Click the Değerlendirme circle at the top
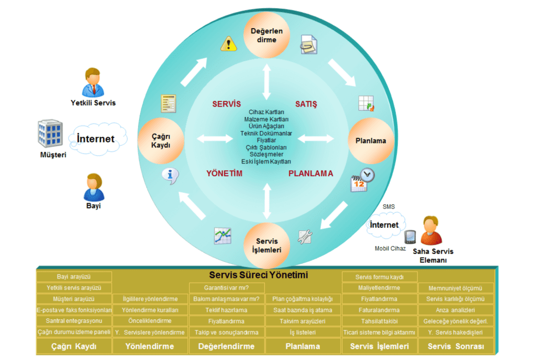266,36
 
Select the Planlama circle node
370,141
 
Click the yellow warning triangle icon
228,43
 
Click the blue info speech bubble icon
170,175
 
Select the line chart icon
223,236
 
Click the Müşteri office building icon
51,134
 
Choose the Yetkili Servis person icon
93,82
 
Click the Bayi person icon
94,188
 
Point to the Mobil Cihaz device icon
410,237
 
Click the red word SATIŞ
306,104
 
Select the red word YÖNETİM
224,173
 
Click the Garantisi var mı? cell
226,288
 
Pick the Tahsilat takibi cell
379,321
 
